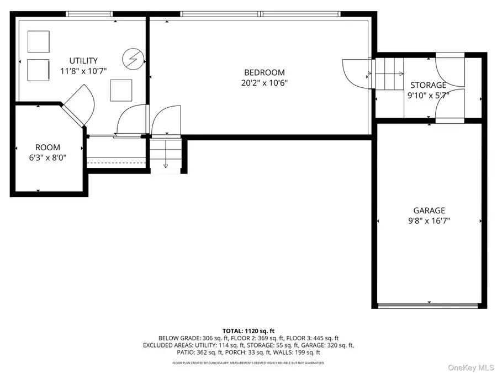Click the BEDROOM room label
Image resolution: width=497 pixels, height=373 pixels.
(265, 72)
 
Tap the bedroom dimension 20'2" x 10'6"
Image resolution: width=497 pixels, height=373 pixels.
(265, 83)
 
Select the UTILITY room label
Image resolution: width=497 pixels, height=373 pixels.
(83, 61)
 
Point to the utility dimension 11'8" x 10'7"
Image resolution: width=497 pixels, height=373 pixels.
(83, 71)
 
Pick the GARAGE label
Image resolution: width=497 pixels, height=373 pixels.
(429, 211)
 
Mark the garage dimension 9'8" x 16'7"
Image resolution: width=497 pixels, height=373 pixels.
(429, 221)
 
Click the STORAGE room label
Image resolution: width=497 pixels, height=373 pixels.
(429, 85)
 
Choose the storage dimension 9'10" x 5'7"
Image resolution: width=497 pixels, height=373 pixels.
(429, 95)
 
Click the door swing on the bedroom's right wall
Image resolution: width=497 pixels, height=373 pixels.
(355, 71)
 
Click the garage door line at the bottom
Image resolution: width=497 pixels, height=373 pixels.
(429, 304)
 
